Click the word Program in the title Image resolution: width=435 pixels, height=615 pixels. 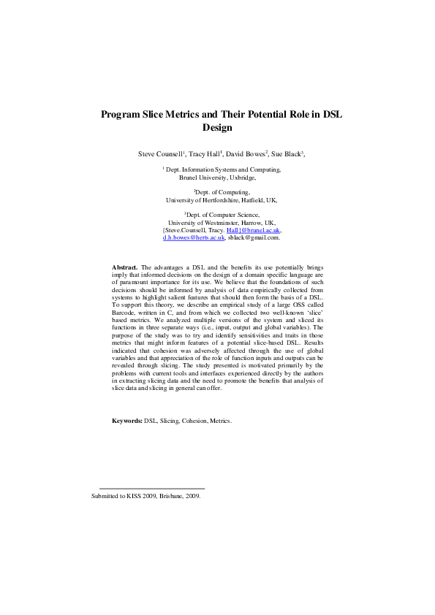click(x=121, y=115)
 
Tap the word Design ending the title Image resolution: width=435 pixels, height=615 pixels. click(x=217, y=128)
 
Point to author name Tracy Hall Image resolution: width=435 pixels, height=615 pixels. click(x=205, y=154)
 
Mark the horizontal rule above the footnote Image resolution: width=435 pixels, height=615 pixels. click(x=151, y=488)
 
